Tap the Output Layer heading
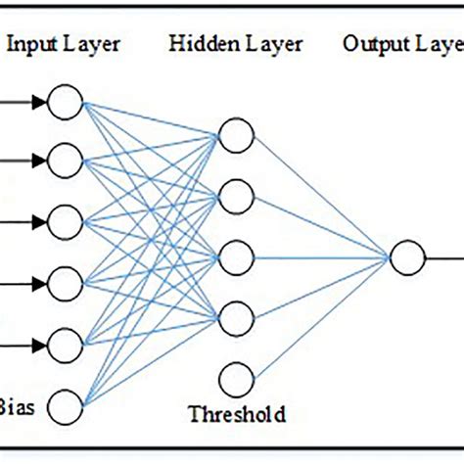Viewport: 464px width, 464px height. pyautogui.click(x=401, y=45)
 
